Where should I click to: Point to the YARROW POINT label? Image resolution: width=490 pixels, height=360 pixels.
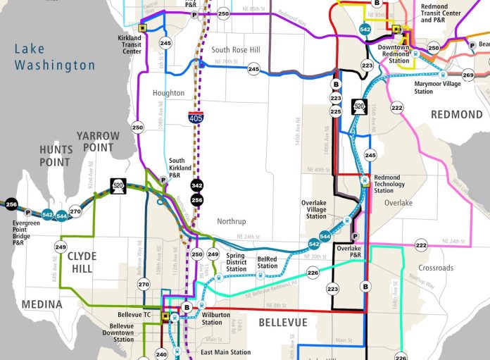click(x=99, y=141)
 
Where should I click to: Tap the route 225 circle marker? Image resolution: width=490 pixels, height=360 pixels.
click(x=335, y=111)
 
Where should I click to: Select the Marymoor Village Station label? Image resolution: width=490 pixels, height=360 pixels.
click(x=433, y=87)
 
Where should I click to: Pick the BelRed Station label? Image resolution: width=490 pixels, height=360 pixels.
click(x=268, y=261)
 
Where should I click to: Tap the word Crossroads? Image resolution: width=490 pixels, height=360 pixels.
click(x=435, y=268)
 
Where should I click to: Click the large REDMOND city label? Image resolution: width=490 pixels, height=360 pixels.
click(x=457, y=114)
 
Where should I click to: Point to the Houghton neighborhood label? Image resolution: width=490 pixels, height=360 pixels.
click(x=168, y=93)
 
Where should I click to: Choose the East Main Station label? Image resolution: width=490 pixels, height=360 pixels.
click(x=225, y=352)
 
